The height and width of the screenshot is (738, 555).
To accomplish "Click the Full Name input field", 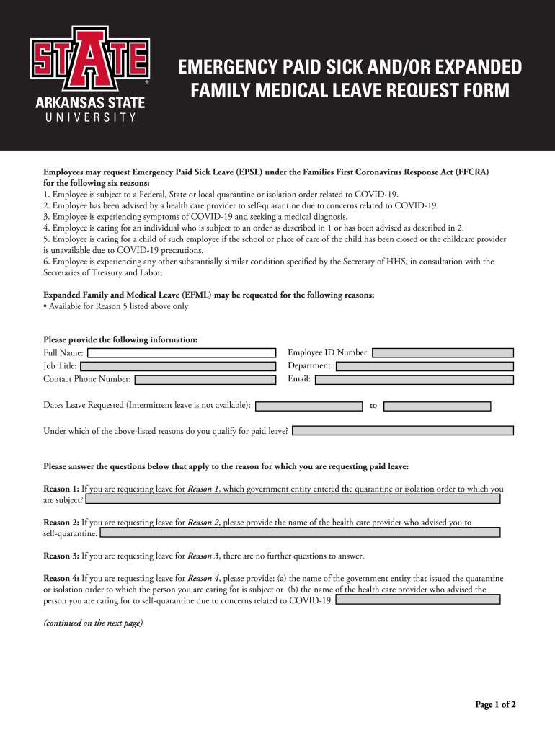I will coord(182,352).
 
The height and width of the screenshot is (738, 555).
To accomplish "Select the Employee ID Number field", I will coord(443,352).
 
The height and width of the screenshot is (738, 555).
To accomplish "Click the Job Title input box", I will coord(178,366).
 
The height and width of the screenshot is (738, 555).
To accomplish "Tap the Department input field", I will coord(425,366).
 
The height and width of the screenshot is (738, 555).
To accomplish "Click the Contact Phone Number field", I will coord(205,379).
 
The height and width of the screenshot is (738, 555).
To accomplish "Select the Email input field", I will coord(414,379).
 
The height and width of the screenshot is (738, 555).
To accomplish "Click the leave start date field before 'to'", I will coord(309,406).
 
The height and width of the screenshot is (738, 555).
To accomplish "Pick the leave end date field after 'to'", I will coord(437,406).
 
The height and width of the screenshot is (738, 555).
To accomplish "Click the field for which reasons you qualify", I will coord(403,430).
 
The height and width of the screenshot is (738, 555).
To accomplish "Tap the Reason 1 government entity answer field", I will coord(293,499).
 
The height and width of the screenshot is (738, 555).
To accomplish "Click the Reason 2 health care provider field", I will coord(300,533).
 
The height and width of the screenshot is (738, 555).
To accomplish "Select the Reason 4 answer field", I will coord(418,600).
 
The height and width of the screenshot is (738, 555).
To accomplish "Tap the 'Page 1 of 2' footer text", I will coord(495,705).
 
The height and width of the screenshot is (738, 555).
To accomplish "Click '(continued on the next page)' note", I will coord(93,623).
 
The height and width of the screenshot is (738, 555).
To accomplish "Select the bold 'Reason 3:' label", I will coord(61,556).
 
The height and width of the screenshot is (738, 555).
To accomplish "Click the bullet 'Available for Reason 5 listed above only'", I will coord(116,306).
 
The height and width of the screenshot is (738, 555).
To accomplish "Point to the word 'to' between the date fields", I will coord(373,406).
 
